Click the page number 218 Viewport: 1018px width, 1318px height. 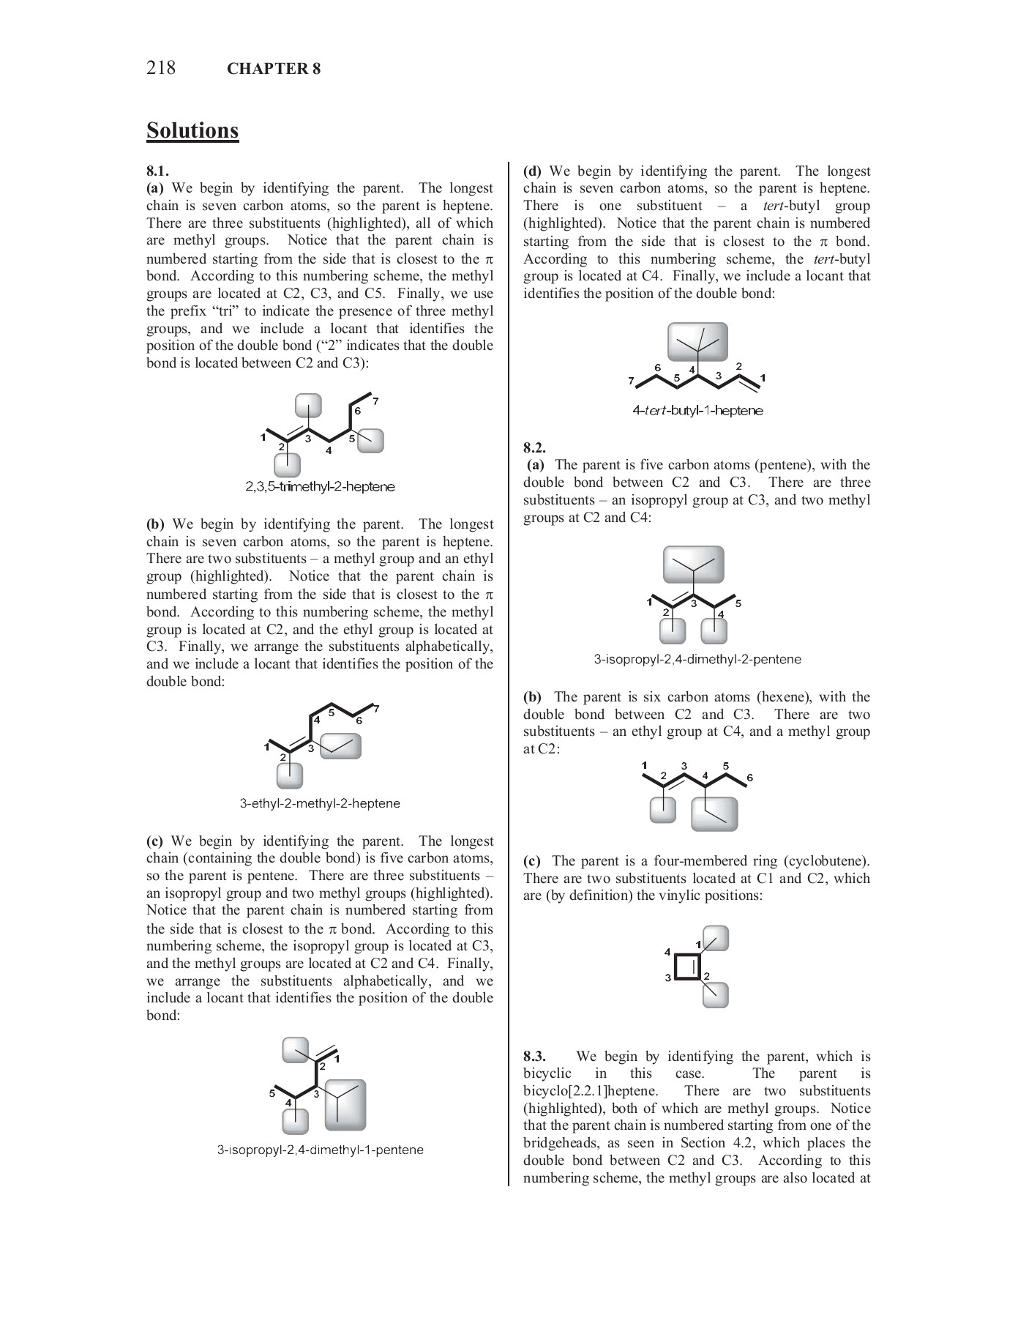point(161,68)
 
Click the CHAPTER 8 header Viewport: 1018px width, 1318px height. point(274,69)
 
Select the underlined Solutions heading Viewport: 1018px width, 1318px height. point(192,130)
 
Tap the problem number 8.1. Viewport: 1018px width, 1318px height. point(157,171)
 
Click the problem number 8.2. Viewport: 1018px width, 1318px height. point(534,447)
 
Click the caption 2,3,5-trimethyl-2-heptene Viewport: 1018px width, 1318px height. point(320,486)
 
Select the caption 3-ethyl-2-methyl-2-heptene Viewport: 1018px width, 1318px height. point(320,803)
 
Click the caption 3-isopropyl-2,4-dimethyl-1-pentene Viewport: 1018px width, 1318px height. point(320,1150)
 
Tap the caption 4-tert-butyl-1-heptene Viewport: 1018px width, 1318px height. point(697,411)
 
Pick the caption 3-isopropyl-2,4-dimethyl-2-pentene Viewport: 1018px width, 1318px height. point(697,659)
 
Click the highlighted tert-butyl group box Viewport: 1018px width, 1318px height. point(697,342)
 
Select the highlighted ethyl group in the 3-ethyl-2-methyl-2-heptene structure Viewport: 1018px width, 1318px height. point(341,747)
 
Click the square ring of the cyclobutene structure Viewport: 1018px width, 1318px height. point(687,967)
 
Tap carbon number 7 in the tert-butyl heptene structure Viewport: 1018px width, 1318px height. point(632,381)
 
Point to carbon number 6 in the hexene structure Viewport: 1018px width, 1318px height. point(749,778)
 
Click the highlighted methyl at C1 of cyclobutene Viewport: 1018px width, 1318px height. point(716,938)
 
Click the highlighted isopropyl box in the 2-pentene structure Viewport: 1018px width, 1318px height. point(693,565)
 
